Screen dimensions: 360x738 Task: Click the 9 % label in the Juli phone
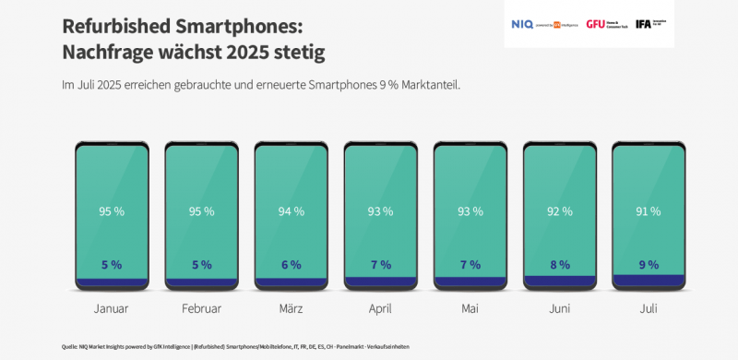[x=648, y=265]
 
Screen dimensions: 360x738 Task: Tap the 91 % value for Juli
[x=648, y=211]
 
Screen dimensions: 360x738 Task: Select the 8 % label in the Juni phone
[x=558, y=265]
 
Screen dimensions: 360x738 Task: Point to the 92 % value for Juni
[x=558, y=211]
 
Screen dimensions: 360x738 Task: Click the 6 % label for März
[x=291, y=265]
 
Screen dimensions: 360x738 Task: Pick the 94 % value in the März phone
[x=291, y=211]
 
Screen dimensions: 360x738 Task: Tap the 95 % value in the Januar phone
[x=112, y=211]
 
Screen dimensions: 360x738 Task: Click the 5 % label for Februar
[x=201, y=265]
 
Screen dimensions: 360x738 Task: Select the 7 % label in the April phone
[x=380, y=265]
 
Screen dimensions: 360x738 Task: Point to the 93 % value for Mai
[x=469, y=211]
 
